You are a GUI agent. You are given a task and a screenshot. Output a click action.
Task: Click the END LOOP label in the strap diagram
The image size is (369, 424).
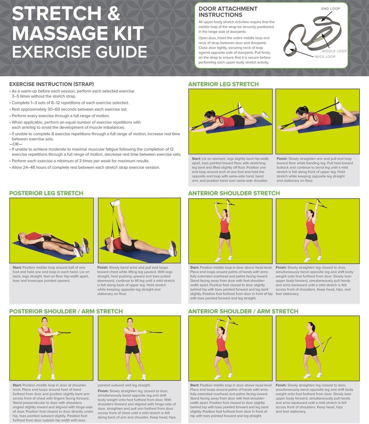[330, 9]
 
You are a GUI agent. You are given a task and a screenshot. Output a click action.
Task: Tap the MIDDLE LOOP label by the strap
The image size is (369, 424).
[334, 51]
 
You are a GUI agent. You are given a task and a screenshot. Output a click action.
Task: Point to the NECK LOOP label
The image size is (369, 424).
[325, 57]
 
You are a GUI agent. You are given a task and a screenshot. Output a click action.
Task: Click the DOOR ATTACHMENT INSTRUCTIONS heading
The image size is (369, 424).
[228, 12]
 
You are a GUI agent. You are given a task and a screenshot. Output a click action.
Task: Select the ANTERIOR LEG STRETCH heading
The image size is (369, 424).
[224, 84]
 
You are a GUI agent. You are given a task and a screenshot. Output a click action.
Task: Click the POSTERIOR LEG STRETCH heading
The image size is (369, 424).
[46, 193]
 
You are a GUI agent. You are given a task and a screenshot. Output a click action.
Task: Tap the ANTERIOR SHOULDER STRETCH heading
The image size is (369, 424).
[234, 193]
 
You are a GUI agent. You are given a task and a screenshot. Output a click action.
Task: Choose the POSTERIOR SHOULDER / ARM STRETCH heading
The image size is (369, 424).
[66, 311]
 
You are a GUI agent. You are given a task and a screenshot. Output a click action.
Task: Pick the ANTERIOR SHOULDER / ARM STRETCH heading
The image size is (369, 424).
[243, 311]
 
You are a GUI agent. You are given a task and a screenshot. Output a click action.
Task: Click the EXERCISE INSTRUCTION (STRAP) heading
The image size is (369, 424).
[51, 84]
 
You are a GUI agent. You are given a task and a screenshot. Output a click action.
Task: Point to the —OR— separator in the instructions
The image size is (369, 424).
[16, 144]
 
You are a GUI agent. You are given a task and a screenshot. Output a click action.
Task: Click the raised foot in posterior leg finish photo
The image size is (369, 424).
[115, 203]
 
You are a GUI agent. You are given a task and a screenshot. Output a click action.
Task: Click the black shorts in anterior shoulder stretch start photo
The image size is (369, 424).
[225, 235]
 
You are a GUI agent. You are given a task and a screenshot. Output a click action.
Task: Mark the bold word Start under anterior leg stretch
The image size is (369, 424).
[196, 159]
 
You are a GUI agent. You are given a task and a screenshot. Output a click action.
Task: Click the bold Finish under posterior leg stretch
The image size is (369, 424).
[103, 267]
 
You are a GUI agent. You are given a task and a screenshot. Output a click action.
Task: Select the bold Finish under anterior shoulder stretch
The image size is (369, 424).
[281, 267]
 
